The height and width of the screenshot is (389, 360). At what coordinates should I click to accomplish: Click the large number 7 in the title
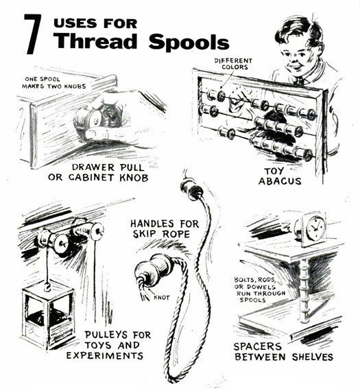tap(32, 34)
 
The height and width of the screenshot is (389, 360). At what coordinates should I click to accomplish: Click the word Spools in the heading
tap(189, 42)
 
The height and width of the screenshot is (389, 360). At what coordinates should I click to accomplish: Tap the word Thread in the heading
tap(95, 40)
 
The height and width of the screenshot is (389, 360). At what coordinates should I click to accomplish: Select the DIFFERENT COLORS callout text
tap(233, 64)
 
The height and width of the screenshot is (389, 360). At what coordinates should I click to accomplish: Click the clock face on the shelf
tap(315, 228)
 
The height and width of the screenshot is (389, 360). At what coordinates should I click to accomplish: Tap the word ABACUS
tap(280, 181)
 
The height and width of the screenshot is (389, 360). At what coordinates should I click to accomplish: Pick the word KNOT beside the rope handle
tap(162, 297)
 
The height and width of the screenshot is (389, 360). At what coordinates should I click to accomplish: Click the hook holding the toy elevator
tap(47, 287)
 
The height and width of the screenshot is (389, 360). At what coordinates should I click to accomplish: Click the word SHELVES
tap(313, 357)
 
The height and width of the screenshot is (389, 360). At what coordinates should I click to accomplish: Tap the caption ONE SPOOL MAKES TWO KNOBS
tap(53, 82)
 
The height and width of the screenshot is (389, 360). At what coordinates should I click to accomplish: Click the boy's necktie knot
tap(300, 80)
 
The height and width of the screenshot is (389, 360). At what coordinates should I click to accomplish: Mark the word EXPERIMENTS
tap(105, 355)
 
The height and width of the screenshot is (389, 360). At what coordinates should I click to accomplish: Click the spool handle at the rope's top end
tap(191, 189)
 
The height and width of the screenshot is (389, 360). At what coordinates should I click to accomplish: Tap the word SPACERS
tap(258, 346)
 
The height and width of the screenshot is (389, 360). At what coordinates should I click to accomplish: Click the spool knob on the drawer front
tap(88, 119)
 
